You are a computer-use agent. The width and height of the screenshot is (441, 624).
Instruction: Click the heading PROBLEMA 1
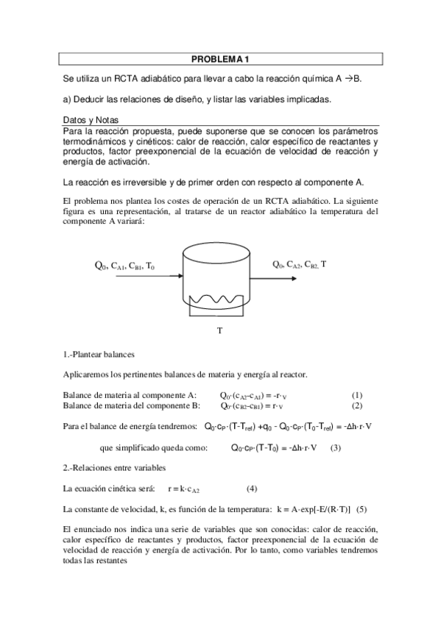coord(220,59)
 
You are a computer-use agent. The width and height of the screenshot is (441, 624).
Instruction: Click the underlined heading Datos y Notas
coord(91,119)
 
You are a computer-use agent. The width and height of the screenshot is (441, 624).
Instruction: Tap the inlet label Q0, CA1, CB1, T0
coord(124,266)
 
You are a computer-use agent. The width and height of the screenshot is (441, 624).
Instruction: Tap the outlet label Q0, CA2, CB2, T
coord(300,264)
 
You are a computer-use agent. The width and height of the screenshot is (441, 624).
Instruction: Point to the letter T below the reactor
coord(219,330)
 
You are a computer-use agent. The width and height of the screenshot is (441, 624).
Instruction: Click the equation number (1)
coord(357,395)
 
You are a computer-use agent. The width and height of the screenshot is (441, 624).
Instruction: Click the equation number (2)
coord(357,405)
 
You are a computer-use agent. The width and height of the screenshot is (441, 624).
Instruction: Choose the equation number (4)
coord(252,489)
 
